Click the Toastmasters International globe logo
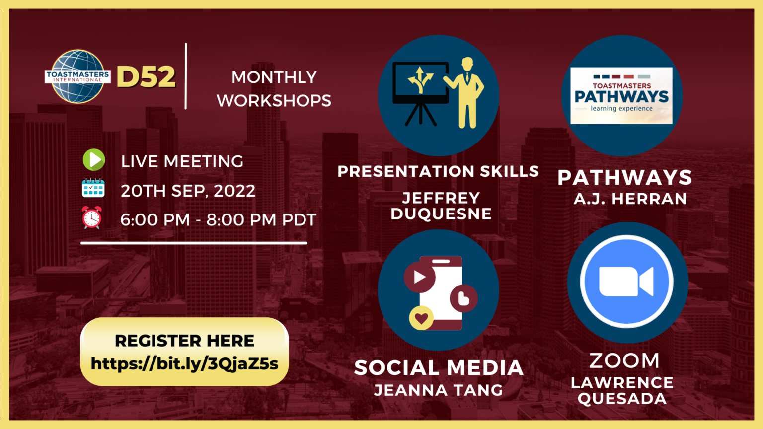pos(77,76)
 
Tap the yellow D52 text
pos(146,76)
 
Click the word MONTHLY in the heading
pos(274,77)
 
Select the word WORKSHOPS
pos(274,101)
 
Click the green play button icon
pos(94,160)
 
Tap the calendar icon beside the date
pos(93,188)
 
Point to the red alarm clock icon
pos(92,217)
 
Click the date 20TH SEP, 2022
pos(188,191)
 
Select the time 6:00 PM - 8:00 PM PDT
pos(219,219)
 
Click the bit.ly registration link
pos(185,363)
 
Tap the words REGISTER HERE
pos(185,341)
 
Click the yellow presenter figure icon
pos(464,93)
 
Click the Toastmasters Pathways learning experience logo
pos(621,96)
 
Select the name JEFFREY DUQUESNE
pos(441,206)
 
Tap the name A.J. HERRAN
pos(630,199)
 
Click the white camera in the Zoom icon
pos(626,282)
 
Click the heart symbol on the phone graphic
pos(421,318)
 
